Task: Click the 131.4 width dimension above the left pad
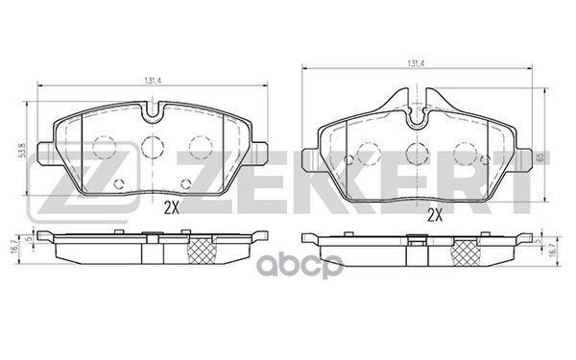click(153, 80)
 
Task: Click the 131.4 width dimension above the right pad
click(416, 63)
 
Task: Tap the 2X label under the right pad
click(433, 215)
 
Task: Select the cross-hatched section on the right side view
click(468, 251)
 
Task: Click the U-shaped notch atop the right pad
click(417, 119)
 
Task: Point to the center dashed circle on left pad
click(153, 147)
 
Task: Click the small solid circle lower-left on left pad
click(118, 184)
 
